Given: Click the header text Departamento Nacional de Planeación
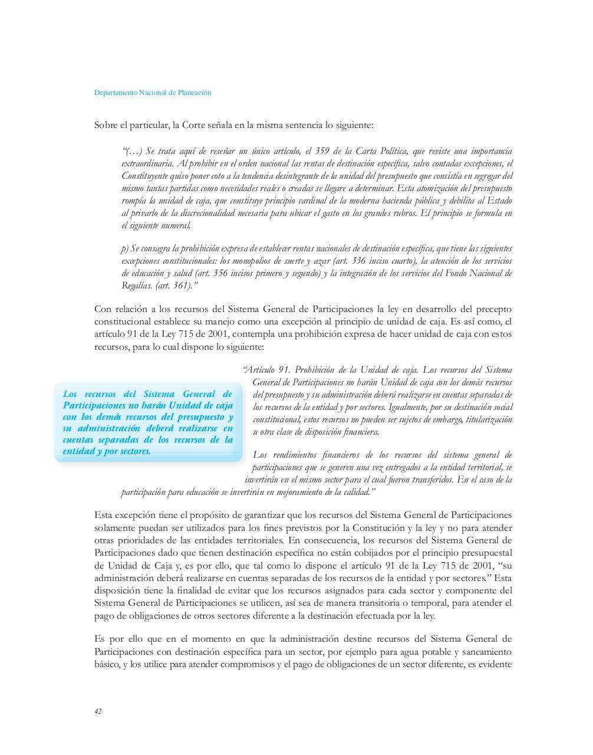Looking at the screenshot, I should tap(153, 93).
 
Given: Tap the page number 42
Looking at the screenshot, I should tap(98, 711).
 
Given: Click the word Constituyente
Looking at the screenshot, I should tap(145, 176).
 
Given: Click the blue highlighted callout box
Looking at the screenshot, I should tap(148, 422).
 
